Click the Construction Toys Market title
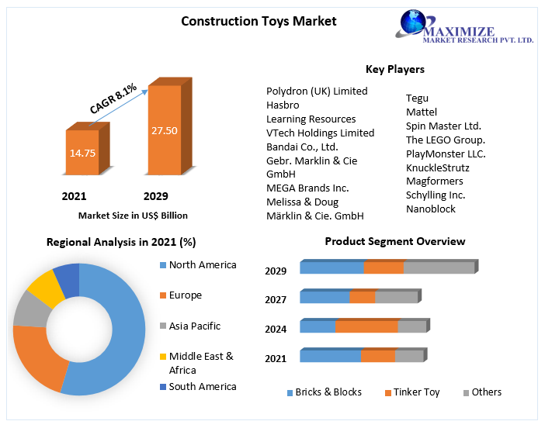click(x=259, y=21)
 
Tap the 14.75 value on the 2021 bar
click(x=82, y=153)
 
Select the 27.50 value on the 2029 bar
click(x=164, y=130)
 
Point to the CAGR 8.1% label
click(x=113, y=99)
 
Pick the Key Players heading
click(x=394, y=69)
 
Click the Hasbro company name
click(x=283, y=105)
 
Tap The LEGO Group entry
click(x=445, y=140)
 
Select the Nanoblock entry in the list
click(x=430, y=209)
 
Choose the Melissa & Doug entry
click(x=302, y=202)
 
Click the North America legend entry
click(x=202, y=265)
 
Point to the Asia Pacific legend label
click(x=194, y=326)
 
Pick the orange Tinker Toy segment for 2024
click(x=366, y=326)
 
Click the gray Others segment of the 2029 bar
click(x=439, y=267)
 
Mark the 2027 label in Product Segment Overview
click(x=276, y=300)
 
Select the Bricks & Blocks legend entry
click(x=324, y=392)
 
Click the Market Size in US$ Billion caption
click(x=133, y=215)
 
